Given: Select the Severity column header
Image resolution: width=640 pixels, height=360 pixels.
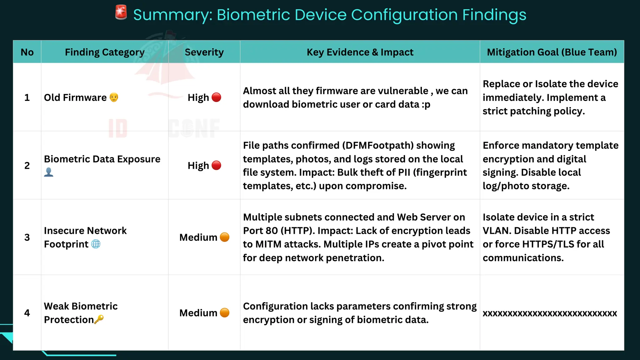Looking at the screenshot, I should (x=204, y=52).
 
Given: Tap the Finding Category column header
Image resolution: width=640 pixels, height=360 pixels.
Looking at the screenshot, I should (x=104, y=52).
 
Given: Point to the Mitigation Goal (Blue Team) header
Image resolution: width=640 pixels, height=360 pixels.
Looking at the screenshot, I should (x=552, y=52).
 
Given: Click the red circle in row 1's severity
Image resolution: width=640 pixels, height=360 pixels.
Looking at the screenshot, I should (x=216, y=97).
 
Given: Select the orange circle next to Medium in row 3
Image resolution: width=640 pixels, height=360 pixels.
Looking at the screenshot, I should (x=224, y=237).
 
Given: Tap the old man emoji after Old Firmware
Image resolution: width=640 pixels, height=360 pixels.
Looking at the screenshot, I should (x=114, y=97).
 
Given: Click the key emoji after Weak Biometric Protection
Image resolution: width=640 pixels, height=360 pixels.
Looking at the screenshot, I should (x=99, y=319).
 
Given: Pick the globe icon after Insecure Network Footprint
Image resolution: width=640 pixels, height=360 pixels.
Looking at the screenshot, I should (x=96, y=244).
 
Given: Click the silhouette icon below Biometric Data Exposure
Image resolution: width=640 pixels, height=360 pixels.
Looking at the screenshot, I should (x=48, y=172).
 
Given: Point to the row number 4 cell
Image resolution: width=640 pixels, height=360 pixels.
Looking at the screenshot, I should (x=27, y=313).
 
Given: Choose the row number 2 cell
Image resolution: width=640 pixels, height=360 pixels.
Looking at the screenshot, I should (x=27, y=165).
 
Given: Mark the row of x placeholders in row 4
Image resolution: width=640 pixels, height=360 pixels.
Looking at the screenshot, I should (x=550, y=313).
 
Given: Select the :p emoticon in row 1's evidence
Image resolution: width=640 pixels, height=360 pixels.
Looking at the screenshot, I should (x=426, y=104).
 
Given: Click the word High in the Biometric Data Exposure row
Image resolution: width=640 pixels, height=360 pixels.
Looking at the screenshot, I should (x=198, y=165).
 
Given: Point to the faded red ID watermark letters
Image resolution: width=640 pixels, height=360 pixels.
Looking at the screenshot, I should (x=118, y=128).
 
